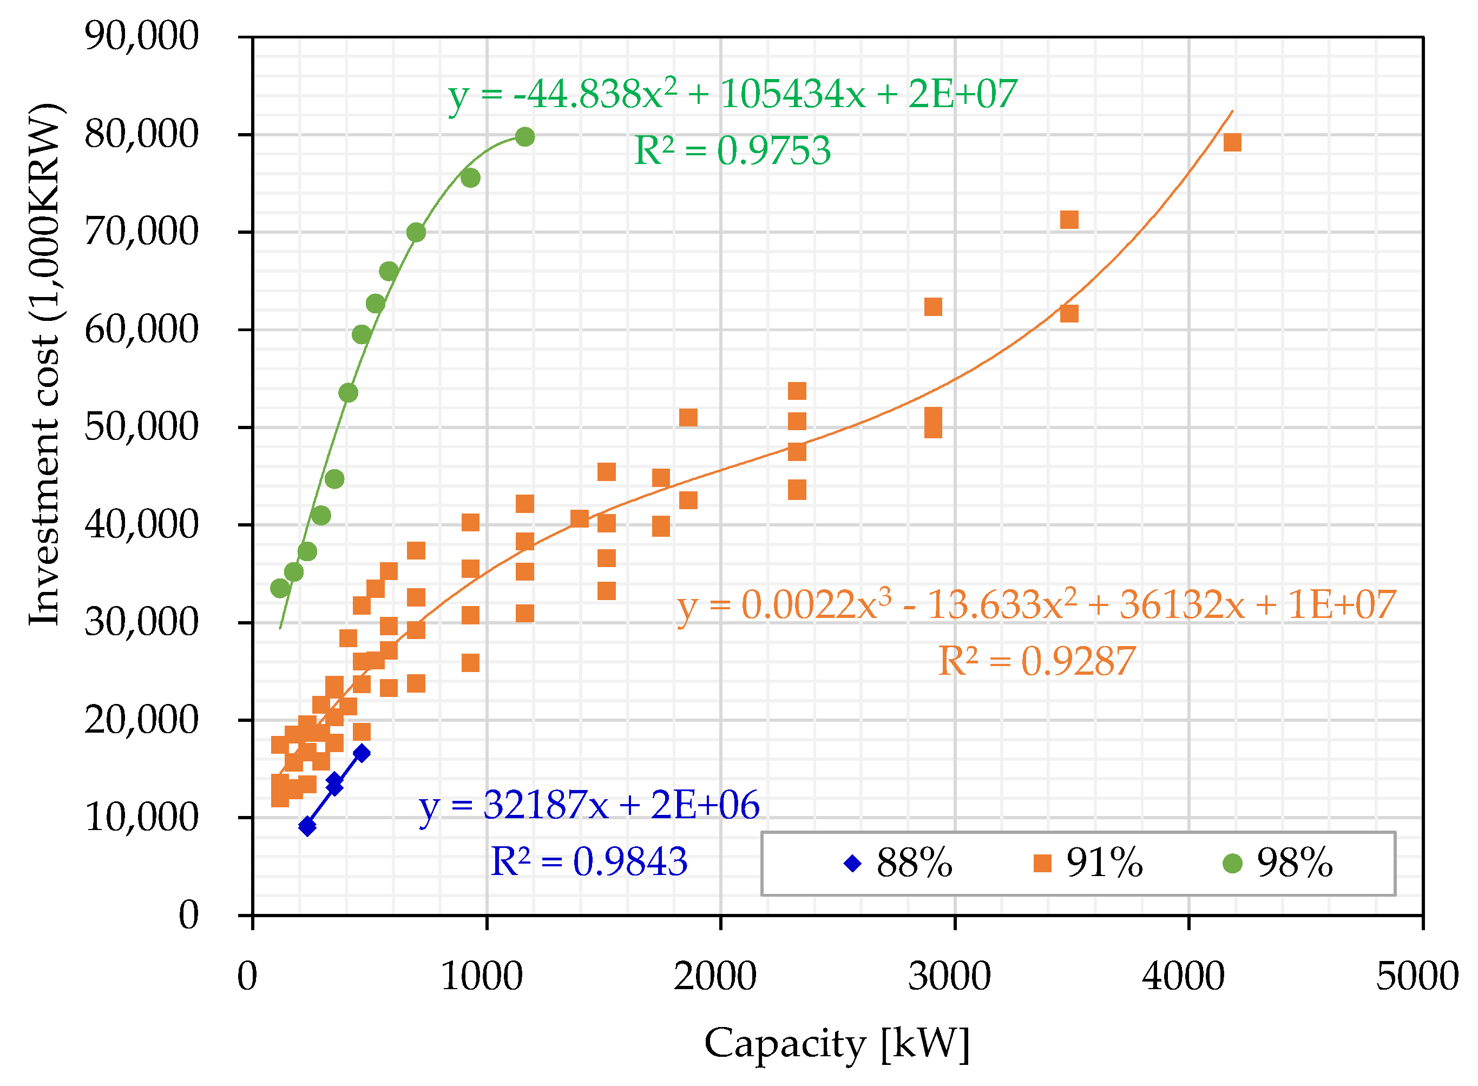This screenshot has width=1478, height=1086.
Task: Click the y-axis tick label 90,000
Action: pyautogui.click(x=141, y=36)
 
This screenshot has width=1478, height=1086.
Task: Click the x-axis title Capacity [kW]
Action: pyautogui.click(x=836, y=1043)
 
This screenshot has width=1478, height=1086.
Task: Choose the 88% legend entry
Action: pyautogui.click(x=897, y=863)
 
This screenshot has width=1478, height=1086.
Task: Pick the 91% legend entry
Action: pyautogui.click(x=1088, y=863)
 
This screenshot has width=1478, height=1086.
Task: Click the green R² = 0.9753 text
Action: pyautogui.click(x=732, y=150)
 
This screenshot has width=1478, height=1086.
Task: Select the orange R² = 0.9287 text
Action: pyautogui.click(x=1036, y=661)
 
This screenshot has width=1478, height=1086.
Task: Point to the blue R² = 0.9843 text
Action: pyautogui.click(x=588, y=861)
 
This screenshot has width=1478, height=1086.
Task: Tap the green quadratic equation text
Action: pyautogui.click(x=732, y=94)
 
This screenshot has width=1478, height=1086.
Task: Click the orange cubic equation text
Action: pyautogui.click(x=1036, y=605)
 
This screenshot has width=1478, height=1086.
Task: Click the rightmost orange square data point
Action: pyautogui.click(x=1231, y=142)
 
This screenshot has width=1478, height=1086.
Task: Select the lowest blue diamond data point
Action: pyautogui.click(x=307, y=826)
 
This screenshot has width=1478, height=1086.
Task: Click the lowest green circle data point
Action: pyautogui.click(x=280, y=588)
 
